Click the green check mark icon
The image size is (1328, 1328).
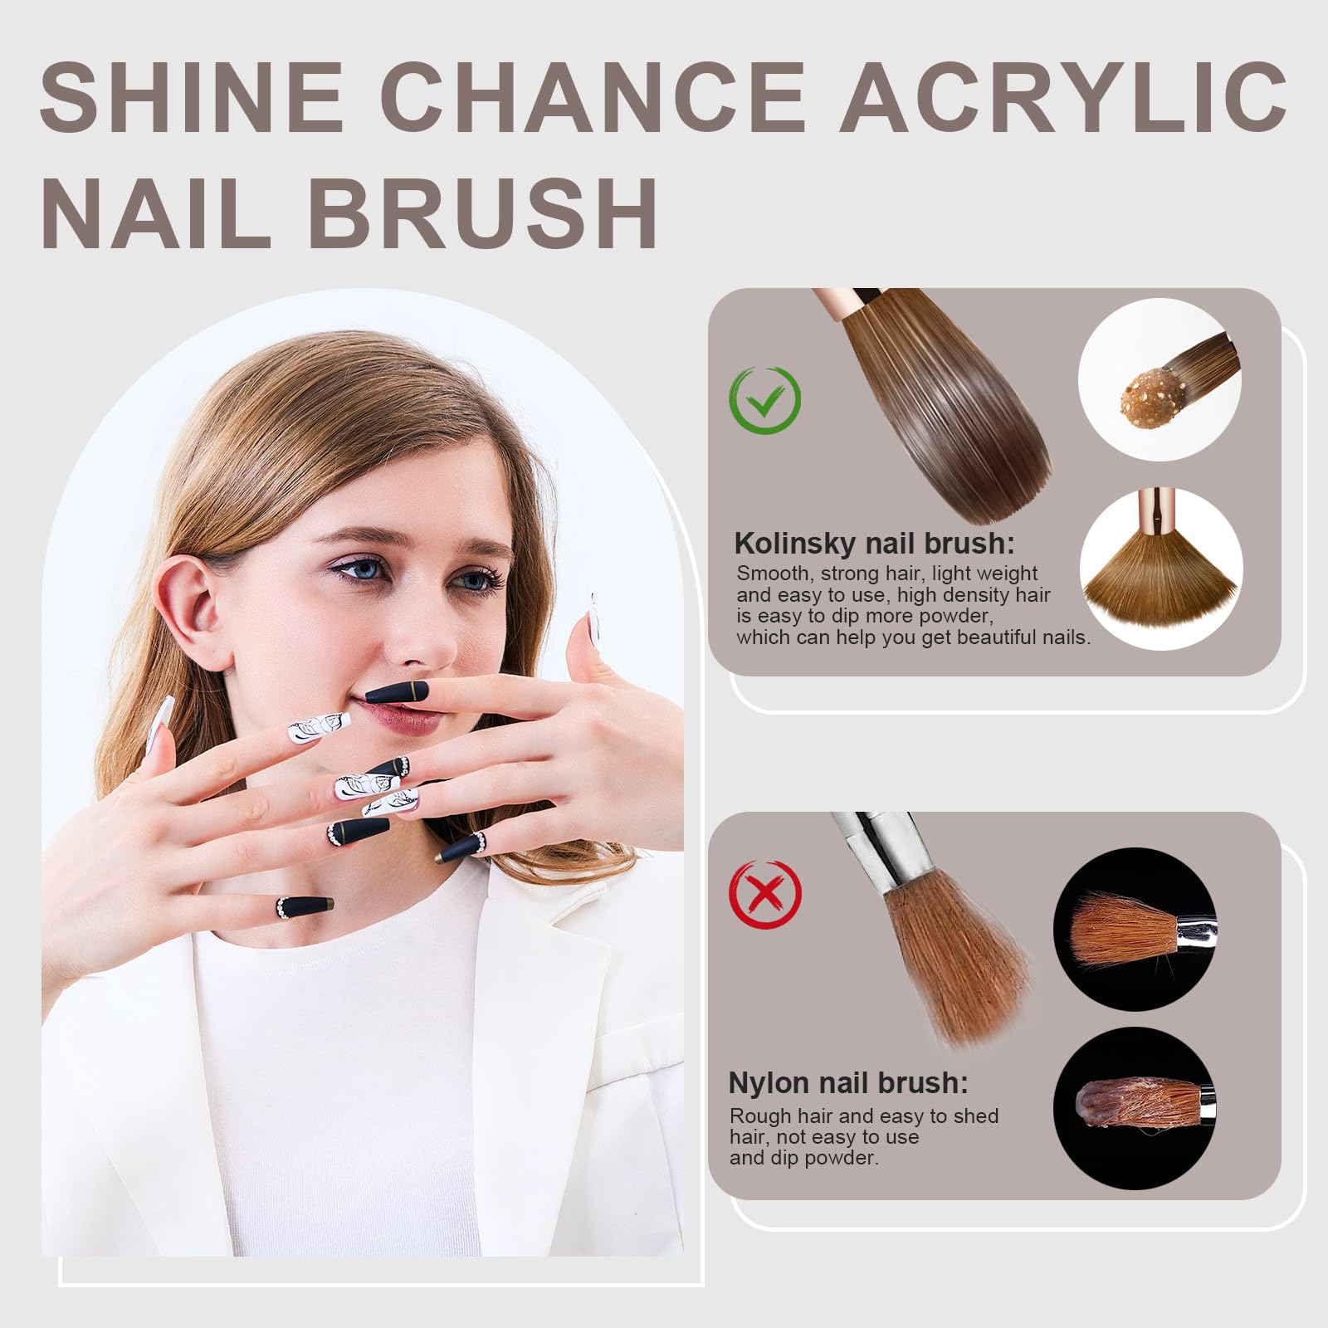point(764,400)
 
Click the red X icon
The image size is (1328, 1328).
point(764,895)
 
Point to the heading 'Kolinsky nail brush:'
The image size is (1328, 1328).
point(875,544)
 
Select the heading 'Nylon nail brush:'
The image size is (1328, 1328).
point(848,1082)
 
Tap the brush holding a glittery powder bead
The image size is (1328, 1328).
point(1160,379)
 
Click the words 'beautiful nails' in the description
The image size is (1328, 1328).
point(1023,637)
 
